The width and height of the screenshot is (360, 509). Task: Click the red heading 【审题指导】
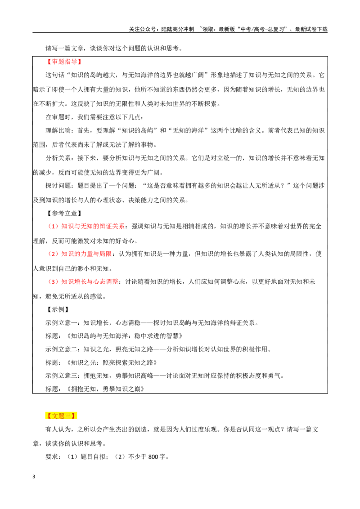[63, 62]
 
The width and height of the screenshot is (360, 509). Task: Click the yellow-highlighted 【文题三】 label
[61, 416]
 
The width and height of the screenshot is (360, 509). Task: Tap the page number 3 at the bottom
[34, 477]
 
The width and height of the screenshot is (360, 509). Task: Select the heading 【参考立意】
[63, 213]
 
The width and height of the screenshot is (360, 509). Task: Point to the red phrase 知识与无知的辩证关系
[93, 226]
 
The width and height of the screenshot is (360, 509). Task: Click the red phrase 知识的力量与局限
[86, 254]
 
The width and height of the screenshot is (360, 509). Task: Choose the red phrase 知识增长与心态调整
[90, 281]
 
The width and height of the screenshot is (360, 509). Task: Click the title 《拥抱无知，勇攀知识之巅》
[105, 389]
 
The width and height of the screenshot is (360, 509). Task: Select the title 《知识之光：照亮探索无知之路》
[112, 362]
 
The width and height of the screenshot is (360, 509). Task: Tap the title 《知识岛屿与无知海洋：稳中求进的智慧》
[125, 336]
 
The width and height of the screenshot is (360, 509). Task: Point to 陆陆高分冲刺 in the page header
[177, 29]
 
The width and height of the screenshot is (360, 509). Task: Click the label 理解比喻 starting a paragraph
[58, 130]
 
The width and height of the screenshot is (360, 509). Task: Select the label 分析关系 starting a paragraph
[58, 158]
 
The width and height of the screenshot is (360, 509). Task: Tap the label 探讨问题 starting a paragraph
[58, 186]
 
